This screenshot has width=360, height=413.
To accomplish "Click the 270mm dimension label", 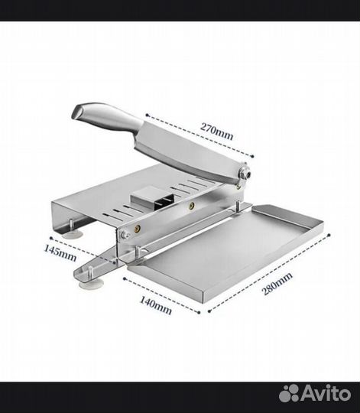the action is pos(216,131).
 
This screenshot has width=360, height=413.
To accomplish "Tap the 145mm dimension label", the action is pos(60,253).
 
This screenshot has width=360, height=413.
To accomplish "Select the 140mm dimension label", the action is pos(155,305).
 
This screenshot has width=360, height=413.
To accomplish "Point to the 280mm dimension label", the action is pos(277,284).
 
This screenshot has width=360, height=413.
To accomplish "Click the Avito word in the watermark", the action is pos(326,394).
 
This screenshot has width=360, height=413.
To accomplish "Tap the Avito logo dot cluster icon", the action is pos(289,394).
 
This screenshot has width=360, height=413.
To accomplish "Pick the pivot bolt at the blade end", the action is pos(246,174).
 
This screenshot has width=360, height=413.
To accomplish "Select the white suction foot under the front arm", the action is pos(91,285).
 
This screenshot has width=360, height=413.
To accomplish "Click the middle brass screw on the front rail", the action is pos(192,206).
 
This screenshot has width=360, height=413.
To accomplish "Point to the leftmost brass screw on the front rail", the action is pos(138,229).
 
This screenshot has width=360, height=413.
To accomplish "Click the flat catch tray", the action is pos(225,248).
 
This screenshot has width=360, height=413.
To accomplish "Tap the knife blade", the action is pos(190,153).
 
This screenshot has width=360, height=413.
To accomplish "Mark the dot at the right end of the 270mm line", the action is pos(252,156).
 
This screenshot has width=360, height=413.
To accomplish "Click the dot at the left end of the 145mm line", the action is pos(51,238).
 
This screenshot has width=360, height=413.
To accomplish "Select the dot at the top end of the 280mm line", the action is pos(329,235).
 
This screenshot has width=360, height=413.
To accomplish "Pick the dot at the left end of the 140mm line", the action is pos(125,278).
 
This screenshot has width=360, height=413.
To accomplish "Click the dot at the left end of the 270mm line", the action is pos(147,115).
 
